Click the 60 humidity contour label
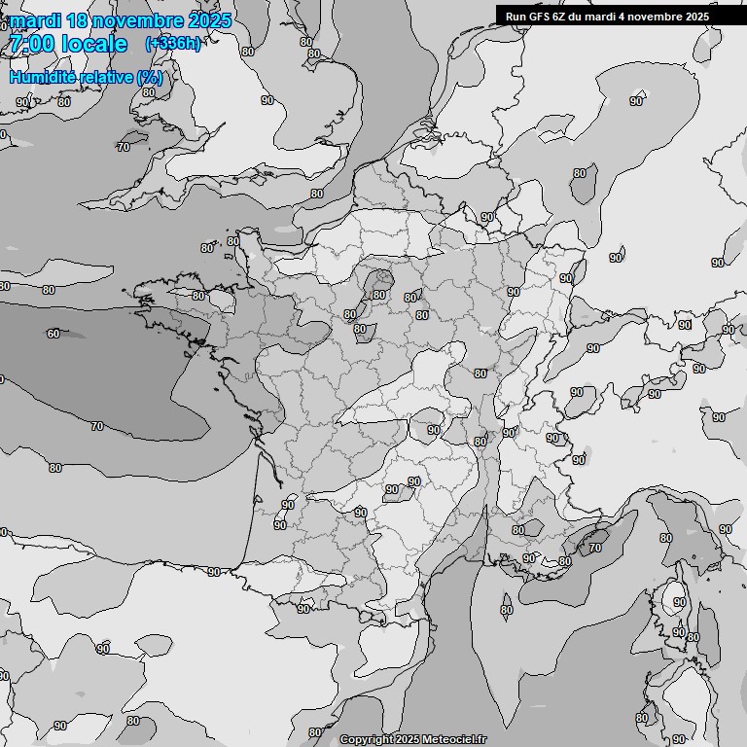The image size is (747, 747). (x=53, y=334)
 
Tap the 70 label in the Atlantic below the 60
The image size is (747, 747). (x=96, y=426)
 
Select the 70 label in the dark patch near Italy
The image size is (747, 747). (x=594, y=549)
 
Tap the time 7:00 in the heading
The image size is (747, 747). (x=30, y=44)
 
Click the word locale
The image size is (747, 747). (x=93, y=44)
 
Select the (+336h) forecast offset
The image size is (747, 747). (x=172, y=44)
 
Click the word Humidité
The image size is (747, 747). (x=40, y=77)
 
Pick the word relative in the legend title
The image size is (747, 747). (x=104, y=77)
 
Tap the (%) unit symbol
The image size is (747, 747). (x=150, y=77)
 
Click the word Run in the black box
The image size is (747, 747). (x=516, y=17)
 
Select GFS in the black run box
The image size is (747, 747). (x=542, y=17)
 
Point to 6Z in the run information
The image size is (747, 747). (x=564, y=17)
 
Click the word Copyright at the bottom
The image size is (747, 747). (x=366, y=740)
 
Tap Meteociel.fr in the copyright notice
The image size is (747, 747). (x=454, y=740)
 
